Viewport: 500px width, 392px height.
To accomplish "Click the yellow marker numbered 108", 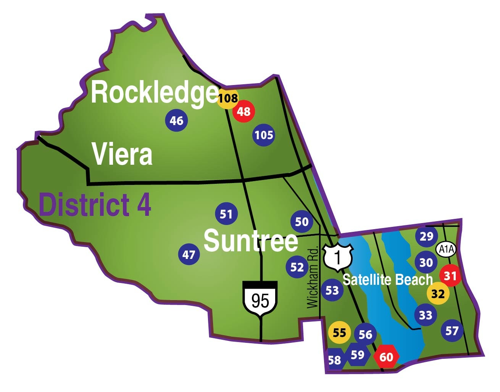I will coord(228,98).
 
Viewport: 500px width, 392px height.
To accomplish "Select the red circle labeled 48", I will coord(244,111).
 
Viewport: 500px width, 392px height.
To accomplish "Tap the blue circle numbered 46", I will coord(176,120).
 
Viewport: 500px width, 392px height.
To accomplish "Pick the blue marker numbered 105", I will coord(264,135).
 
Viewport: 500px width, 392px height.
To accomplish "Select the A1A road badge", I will coord(446,249).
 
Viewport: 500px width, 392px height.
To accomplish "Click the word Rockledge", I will coord(154,93).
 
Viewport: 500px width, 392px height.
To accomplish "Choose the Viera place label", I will coord(122,154).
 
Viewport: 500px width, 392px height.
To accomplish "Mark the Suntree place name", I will coord(251,241).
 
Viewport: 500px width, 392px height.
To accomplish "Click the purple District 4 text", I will coord(95,205).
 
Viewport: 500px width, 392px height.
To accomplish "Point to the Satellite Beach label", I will coord(387,280).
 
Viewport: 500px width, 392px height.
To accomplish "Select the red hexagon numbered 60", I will coord(386,357).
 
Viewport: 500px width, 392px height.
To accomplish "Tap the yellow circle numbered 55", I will coord(339,333).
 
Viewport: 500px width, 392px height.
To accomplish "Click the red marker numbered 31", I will coord(450,275).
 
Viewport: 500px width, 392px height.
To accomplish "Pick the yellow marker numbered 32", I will coord(438,294).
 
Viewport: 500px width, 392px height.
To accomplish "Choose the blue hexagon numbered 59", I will coord(358,355).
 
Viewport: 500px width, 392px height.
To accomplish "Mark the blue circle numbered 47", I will coord(189,254).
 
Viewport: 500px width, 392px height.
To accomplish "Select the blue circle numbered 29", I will coord(426,236).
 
